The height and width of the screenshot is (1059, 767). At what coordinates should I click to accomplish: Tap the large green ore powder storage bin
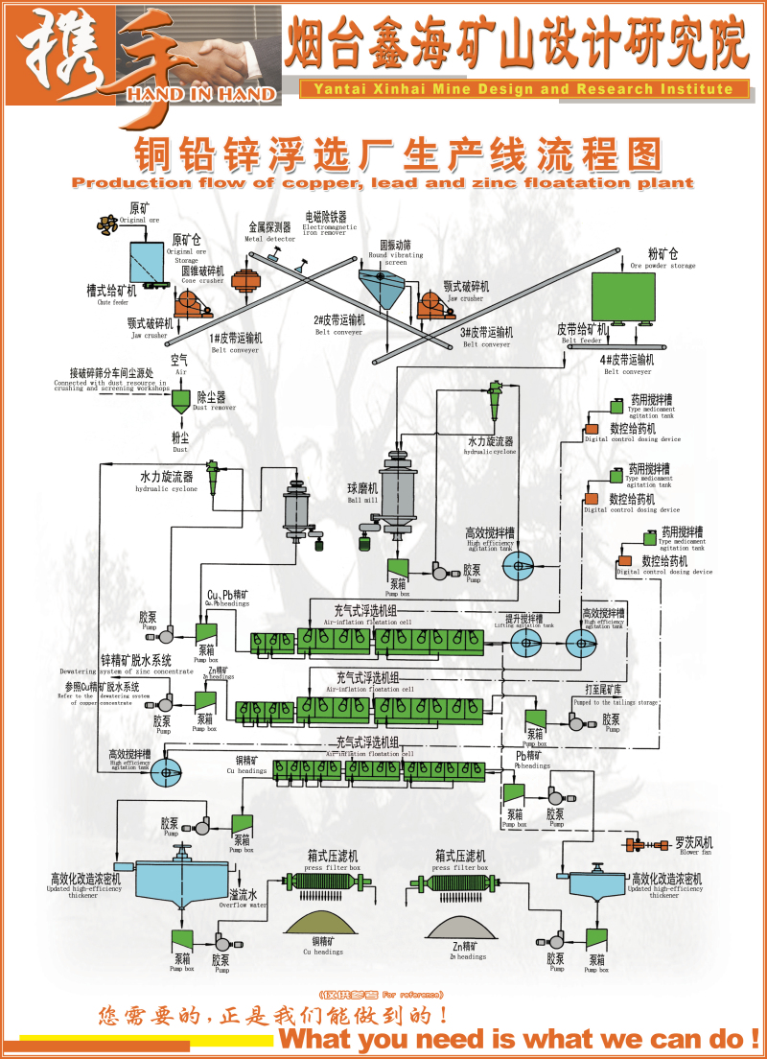629,296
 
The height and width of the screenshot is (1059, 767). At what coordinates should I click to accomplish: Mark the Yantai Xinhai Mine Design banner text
523,89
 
